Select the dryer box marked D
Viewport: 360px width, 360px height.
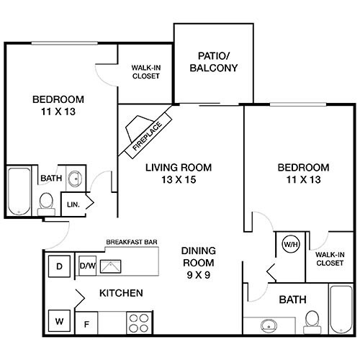pos(60,267)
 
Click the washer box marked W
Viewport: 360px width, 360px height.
pos(60,318)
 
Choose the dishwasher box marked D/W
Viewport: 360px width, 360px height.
pos(88,266)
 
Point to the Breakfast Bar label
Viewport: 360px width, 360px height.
pos(132,243)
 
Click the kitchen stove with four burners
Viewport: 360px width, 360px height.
pos(138,321)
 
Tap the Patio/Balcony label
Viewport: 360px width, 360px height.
pos(213,62)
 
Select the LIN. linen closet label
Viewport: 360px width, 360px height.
pos(73,204)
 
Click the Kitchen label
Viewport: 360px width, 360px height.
pos(120,294)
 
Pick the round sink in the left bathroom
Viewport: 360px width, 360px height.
pos(76,177)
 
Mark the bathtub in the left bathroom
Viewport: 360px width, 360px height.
pos(19,189)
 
